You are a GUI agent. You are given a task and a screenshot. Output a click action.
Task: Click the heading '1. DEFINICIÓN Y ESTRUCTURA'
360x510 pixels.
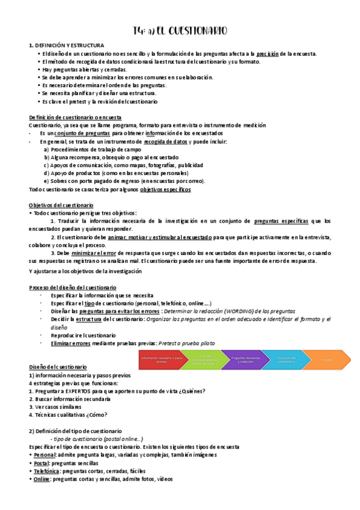[x=67, y=46]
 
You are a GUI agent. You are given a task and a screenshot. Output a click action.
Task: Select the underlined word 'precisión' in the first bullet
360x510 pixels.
[x=267, y=54]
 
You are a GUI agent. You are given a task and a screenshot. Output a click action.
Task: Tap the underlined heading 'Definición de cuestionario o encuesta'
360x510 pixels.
[x=75, y=117]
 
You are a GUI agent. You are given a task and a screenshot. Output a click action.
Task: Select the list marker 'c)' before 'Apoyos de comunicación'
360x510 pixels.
[x=46, y=165]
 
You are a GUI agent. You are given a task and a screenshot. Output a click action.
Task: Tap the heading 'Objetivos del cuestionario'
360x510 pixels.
[x=61, y=205]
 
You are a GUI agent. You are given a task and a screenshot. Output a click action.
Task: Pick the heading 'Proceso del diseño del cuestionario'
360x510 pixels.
[x=73, y=287]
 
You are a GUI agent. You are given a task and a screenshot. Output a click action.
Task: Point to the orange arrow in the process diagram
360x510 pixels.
[x=326, y=360]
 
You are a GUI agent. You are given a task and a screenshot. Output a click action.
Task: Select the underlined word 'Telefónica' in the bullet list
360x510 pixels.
[x=46, y=471]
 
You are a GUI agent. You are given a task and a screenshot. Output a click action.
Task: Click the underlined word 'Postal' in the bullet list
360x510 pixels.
[x=40, y=463]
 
